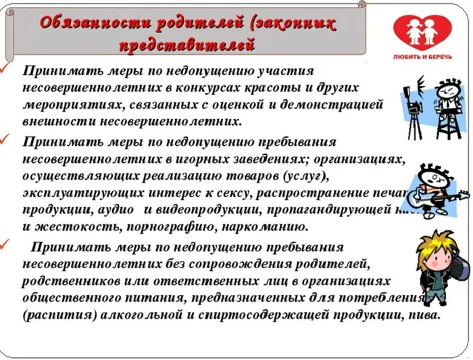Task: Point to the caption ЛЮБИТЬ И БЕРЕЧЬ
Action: coord(431,58)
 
